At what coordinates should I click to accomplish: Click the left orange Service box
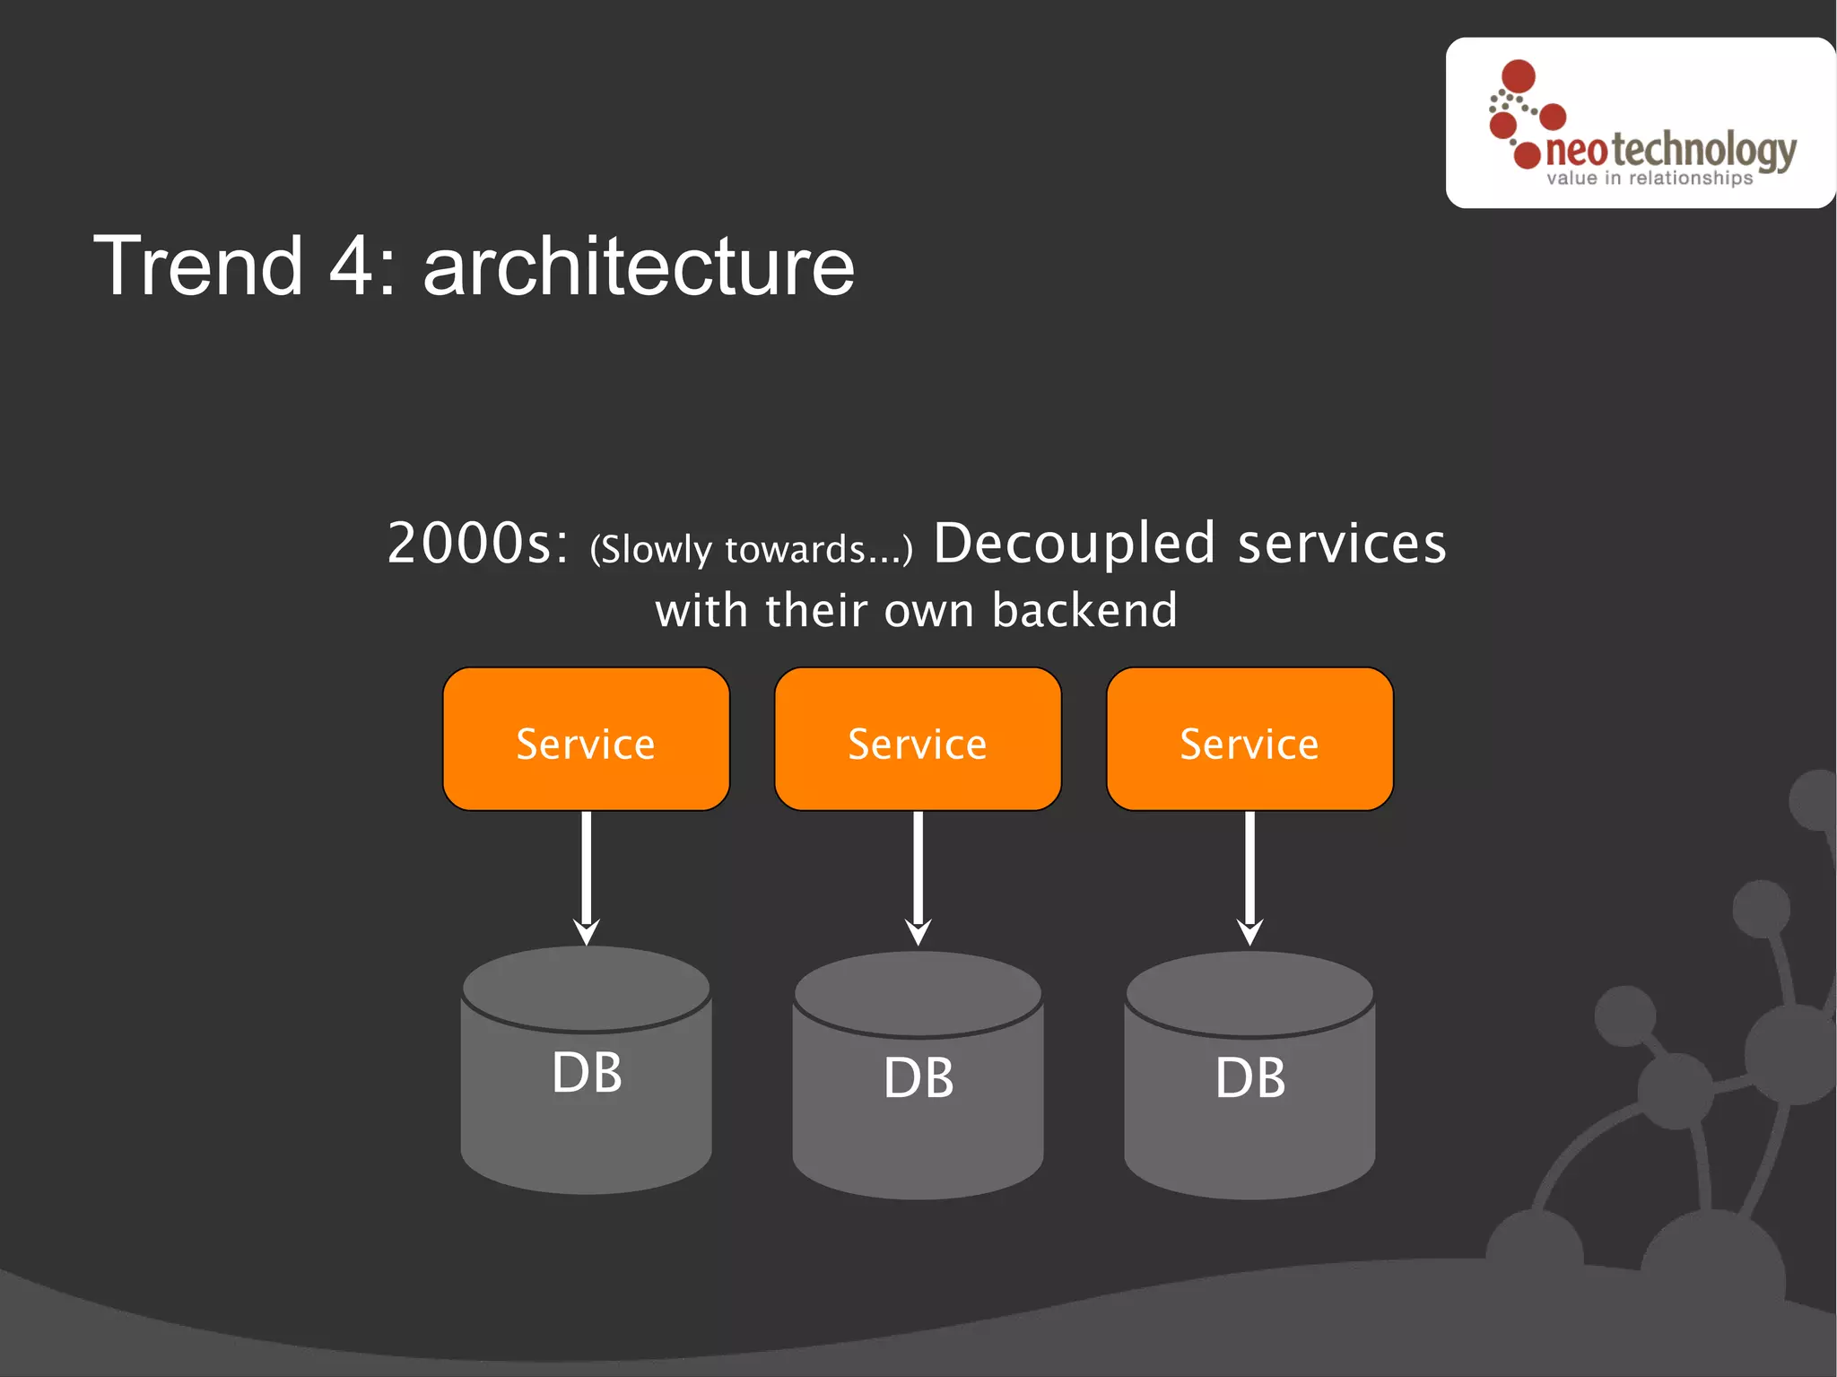586,739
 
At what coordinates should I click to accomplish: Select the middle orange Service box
918,739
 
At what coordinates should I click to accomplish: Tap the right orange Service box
1249,739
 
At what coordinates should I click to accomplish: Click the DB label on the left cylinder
587,1072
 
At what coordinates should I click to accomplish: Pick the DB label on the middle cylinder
918,1077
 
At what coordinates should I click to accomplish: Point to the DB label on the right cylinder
1250,1077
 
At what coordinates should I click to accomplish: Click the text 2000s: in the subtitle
477,544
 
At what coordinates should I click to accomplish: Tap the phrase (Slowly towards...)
751,549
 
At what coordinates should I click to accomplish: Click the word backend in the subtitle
1084,610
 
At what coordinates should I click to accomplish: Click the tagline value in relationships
1649,179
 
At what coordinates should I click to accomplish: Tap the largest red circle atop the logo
1519,76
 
